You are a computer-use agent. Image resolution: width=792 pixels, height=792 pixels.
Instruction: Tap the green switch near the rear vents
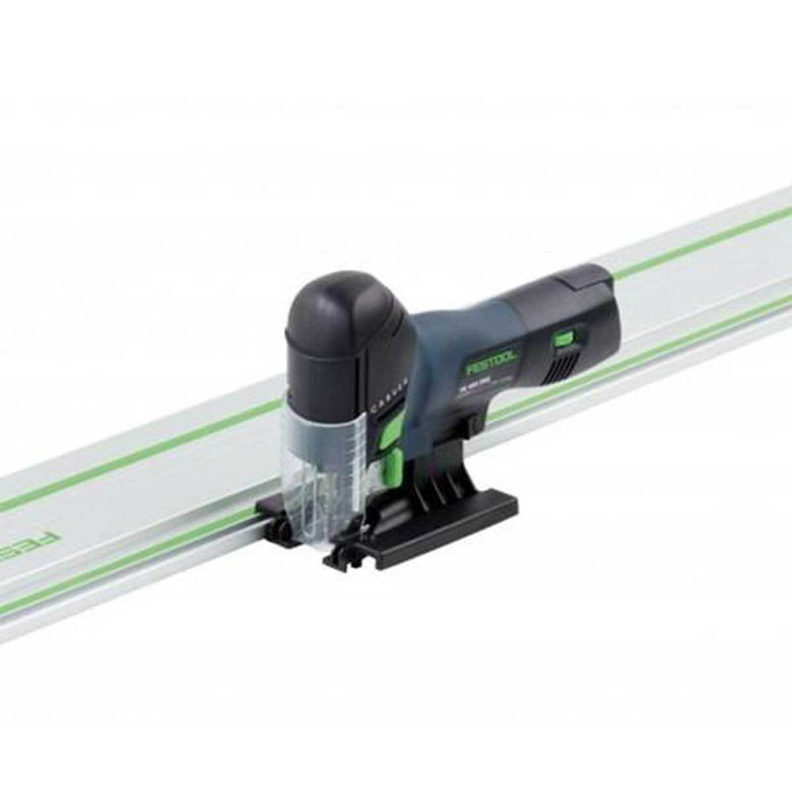(x=562, y=339)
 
